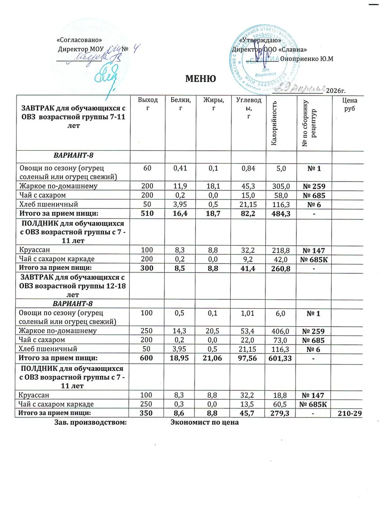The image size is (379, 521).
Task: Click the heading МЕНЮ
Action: (200, 79)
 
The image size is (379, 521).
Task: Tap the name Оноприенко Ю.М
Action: (307, 59)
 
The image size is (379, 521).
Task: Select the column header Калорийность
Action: (274, 123)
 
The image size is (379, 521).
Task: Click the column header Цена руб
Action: (350, 105)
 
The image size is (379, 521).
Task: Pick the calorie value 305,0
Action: (281, 186)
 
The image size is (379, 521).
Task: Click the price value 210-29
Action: (350, 413)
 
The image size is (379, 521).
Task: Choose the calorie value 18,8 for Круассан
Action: (281, 395)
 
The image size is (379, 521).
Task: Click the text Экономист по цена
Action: (204, 422)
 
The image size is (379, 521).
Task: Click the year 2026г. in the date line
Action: (336, 91)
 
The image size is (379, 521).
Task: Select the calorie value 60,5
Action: (281, 404)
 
